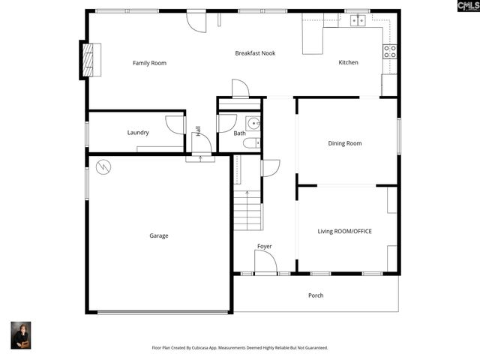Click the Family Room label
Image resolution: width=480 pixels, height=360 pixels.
pyautogui.click(x=149, y=63)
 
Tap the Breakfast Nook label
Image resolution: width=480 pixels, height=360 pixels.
pyautogui.click(x=255, y=53)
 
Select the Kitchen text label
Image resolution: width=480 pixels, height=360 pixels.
pyautogui.click(x=348, y=63)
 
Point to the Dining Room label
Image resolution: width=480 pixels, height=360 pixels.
pyautogui.click(x=345, y=143)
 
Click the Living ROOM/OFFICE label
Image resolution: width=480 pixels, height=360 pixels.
pyautogui.click(x=345, y=231)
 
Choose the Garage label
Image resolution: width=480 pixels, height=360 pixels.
pyautogui.click(x=158, y=235)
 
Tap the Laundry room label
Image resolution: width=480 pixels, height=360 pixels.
pyautogui.click(x=138, y=133)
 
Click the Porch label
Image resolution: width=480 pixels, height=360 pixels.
pyautogui.click(x=316, y=295)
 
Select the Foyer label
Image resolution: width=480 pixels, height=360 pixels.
pyautogui.click(x=264, y=246)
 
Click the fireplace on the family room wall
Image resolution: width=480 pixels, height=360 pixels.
pyautogui.click(x=91, y=60)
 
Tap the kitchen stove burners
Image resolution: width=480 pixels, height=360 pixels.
pyautogui.click(x=390, y=51)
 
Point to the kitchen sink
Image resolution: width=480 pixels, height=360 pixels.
pyautogui.click(x=358, y=20)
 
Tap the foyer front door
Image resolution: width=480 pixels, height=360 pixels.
pyautogui.click(x=265, y=263)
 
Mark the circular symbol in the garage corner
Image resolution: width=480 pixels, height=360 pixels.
pyautogui.click(x=103, y=166)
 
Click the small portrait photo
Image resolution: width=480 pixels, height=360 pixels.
pyautogui.click(x=20, y=335)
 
